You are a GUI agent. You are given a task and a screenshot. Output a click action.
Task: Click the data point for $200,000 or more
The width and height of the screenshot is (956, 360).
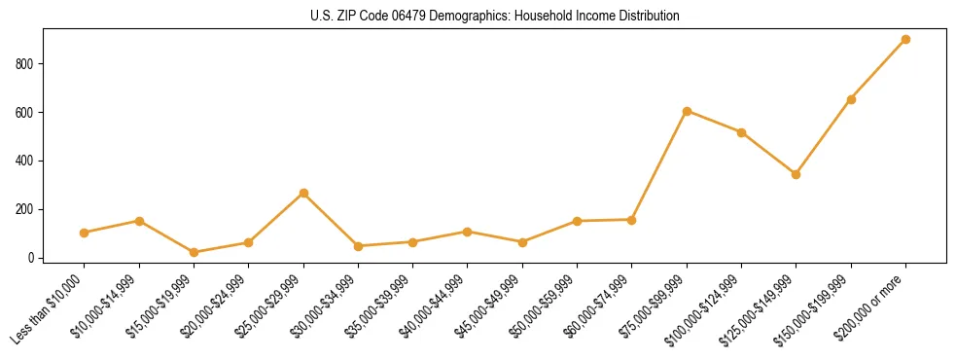(x=906, y=40)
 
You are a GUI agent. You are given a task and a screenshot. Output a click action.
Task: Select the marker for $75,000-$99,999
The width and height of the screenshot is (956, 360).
(x=687, y=111)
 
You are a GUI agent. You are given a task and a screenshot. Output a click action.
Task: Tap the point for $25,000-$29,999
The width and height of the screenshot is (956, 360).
(x=303, y=193)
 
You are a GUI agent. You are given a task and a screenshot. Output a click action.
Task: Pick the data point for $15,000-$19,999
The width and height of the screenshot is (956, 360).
(x=194, y=252)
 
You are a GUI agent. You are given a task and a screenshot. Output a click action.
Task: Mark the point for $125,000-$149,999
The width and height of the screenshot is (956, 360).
(x=797, y=174)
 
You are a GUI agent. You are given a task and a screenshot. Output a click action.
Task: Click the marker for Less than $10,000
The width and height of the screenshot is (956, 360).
(x=85, y=233)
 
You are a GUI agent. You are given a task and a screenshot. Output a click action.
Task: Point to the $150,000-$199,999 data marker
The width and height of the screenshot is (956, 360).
(x=851, y=99)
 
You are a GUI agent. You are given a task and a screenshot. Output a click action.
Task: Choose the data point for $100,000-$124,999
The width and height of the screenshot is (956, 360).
(x=742, y=132)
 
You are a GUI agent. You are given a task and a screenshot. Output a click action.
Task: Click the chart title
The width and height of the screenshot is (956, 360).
(x=495, y=17)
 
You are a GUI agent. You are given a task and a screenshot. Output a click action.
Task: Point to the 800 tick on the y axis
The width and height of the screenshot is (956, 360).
(x=29, y=64)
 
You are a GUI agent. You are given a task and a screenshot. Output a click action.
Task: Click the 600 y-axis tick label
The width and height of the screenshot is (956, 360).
(x=29, y=113)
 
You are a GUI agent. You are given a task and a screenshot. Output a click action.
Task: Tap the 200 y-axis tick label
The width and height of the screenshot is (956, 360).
(x=29, y=209)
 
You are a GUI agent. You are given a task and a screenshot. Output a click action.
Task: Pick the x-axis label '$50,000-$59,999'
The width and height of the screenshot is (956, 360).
(x=543, y=306)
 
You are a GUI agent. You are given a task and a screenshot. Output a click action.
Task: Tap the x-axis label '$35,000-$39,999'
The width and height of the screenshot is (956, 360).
(x=378, y=306)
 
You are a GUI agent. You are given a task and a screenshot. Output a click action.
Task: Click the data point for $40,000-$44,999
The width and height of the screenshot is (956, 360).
(x=468, y=232)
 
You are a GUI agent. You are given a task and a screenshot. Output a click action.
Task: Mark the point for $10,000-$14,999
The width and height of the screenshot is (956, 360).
(x=139, y=221)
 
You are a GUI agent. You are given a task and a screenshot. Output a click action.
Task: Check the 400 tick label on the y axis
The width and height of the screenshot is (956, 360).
(x=29, y=161)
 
